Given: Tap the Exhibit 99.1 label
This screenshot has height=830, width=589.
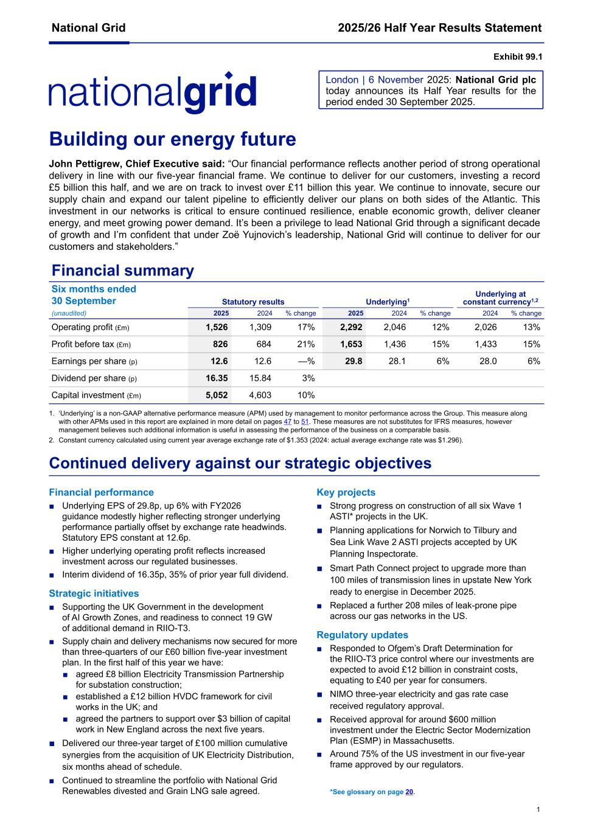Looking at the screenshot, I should tap(518, 57).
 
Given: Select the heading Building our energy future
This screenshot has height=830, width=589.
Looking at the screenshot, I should tap(172, 139).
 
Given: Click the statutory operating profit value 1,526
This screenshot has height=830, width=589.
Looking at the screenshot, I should tap(217, 327).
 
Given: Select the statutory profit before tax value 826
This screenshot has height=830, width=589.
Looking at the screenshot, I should tap(220, 344).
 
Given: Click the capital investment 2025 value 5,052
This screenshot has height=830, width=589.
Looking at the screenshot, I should tap(217, 395).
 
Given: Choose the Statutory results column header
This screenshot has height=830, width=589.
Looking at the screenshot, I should tap(253, 302).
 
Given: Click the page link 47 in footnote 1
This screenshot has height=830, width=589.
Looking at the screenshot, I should tap(287, 421).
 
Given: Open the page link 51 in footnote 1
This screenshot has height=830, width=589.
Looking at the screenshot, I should tap(305, 421).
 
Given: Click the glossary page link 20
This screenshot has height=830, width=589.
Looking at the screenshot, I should tap(410, 792).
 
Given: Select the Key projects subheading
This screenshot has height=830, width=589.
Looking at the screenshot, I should tap(346, 493).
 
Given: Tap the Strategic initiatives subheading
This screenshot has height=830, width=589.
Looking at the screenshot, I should tap(94, 593).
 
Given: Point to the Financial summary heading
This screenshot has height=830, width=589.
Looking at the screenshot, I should tap(123, 271).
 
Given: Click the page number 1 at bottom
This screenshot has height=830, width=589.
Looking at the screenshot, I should tap(538, 809).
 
